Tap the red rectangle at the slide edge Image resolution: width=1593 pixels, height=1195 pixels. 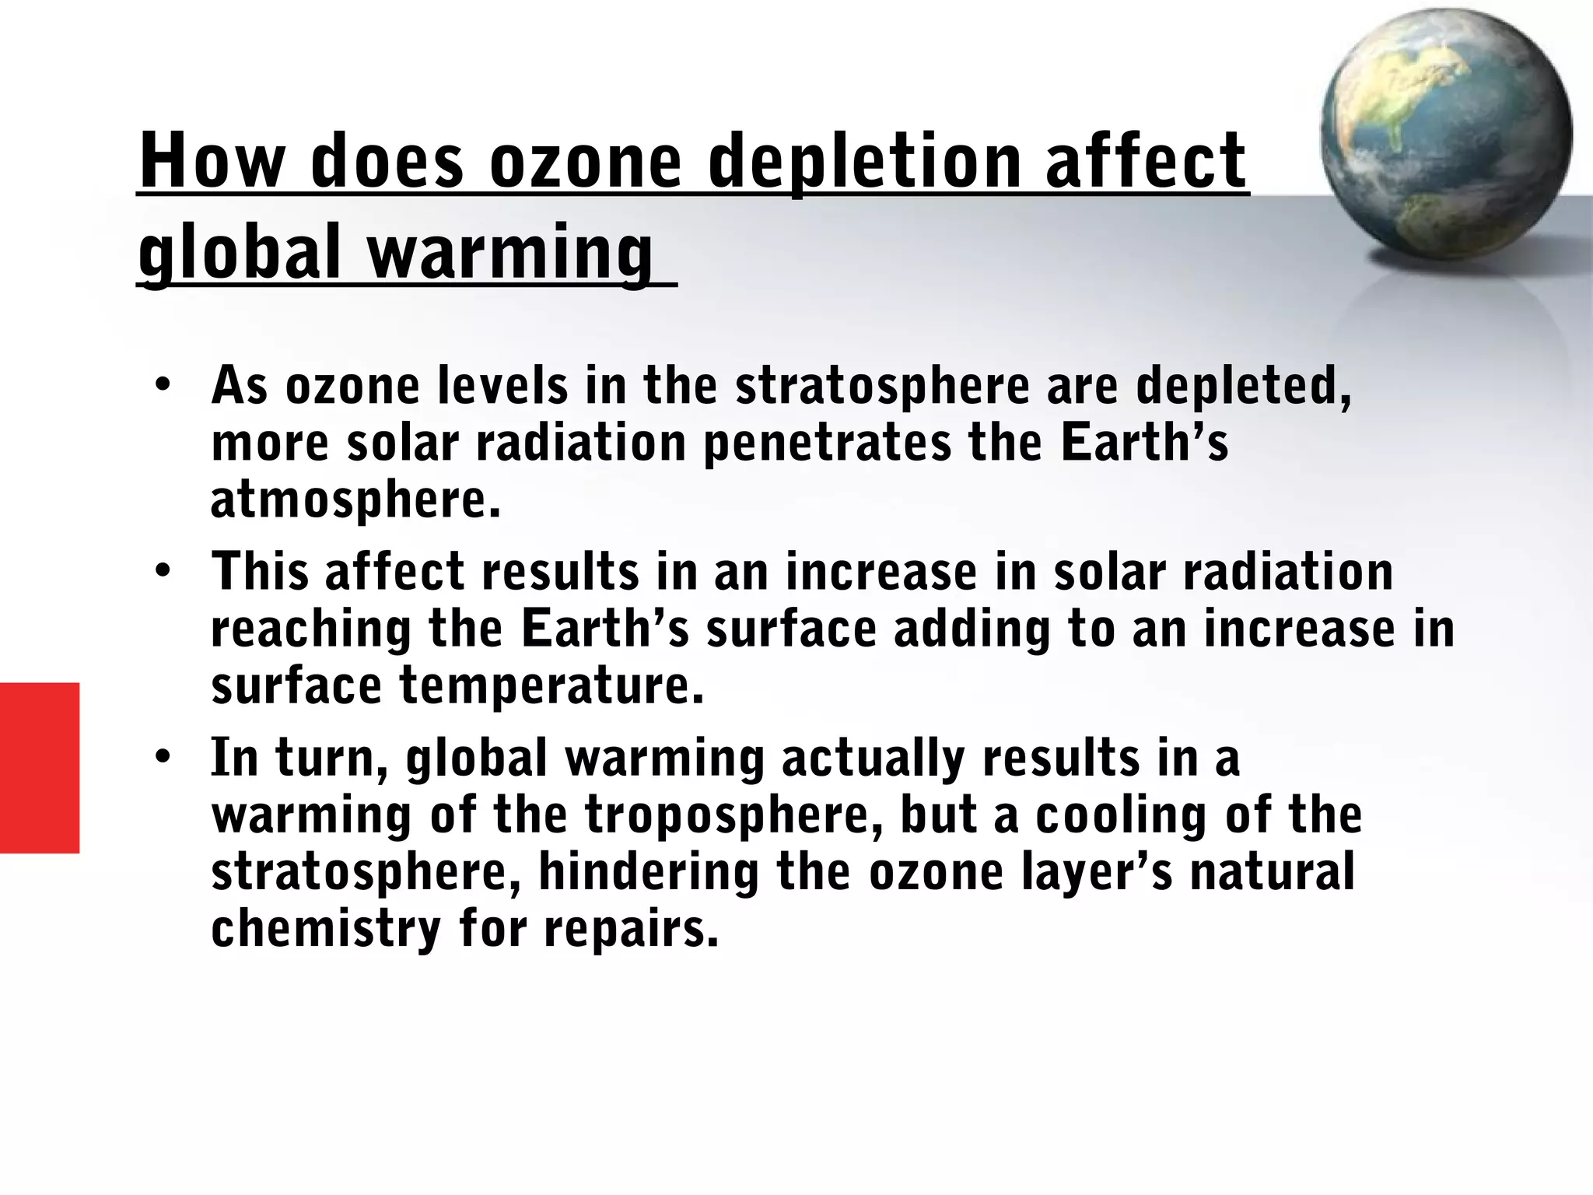(39, 767)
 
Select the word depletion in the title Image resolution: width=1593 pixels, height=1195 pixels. (863, 162)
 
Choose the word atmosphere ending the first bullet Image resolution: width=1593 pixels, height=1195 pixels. (354, 500)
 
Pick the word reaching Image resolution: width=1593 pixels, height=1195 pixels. (311, 630)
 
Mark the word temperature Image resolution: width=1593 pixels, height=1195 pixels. (551, 686)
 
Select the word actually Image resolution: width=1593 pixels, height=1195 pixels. (873, 759)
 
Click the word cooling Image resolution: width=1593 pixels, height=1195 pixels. (1121, 817)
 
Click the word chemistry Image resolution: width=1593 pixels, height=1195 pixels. (326, 929)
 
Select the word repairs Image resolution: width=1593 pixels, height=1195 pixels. (631, 929)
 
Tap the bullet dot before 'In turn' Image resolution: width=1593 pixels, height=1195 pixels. (162, 756)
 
